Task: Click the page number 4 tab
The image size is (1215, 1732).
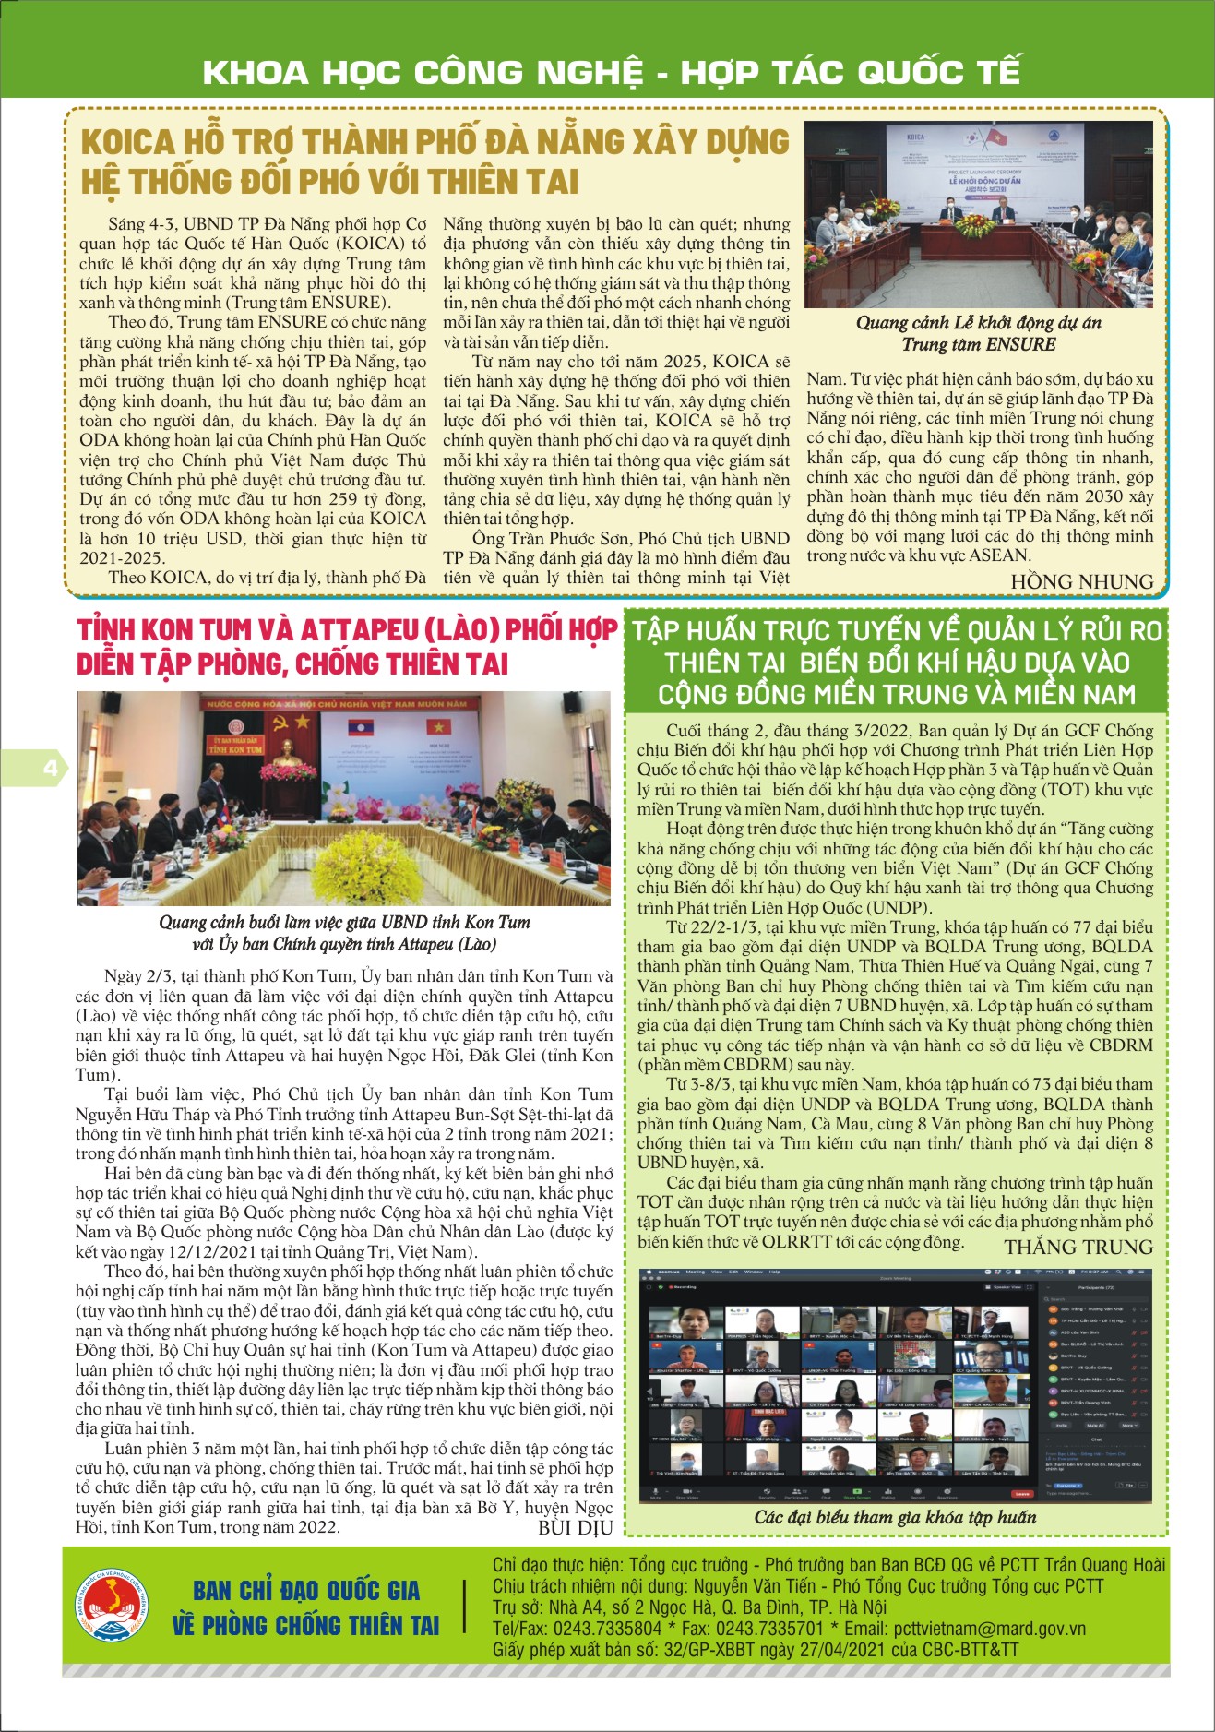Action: click(x=48, y=769)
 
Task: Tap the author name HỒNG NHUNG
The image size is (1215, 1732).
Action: click(x=1081, y=582)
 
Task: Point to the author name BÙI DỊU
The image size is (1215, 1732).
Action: click(x=575, y=1528)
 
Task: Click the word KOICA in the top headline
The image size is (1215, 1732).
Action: click(x=127, y=143)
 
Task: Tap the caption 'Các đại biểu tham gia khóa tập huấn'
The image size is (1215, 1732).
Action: click(x=895, y=1517)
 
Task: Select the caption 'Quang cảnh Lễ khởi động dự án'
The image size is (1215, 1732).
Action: click(x=978, y=323)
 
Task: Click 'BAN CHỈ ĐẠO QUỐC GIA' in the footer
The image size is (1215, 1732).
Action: click(x=306, y=1591)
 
